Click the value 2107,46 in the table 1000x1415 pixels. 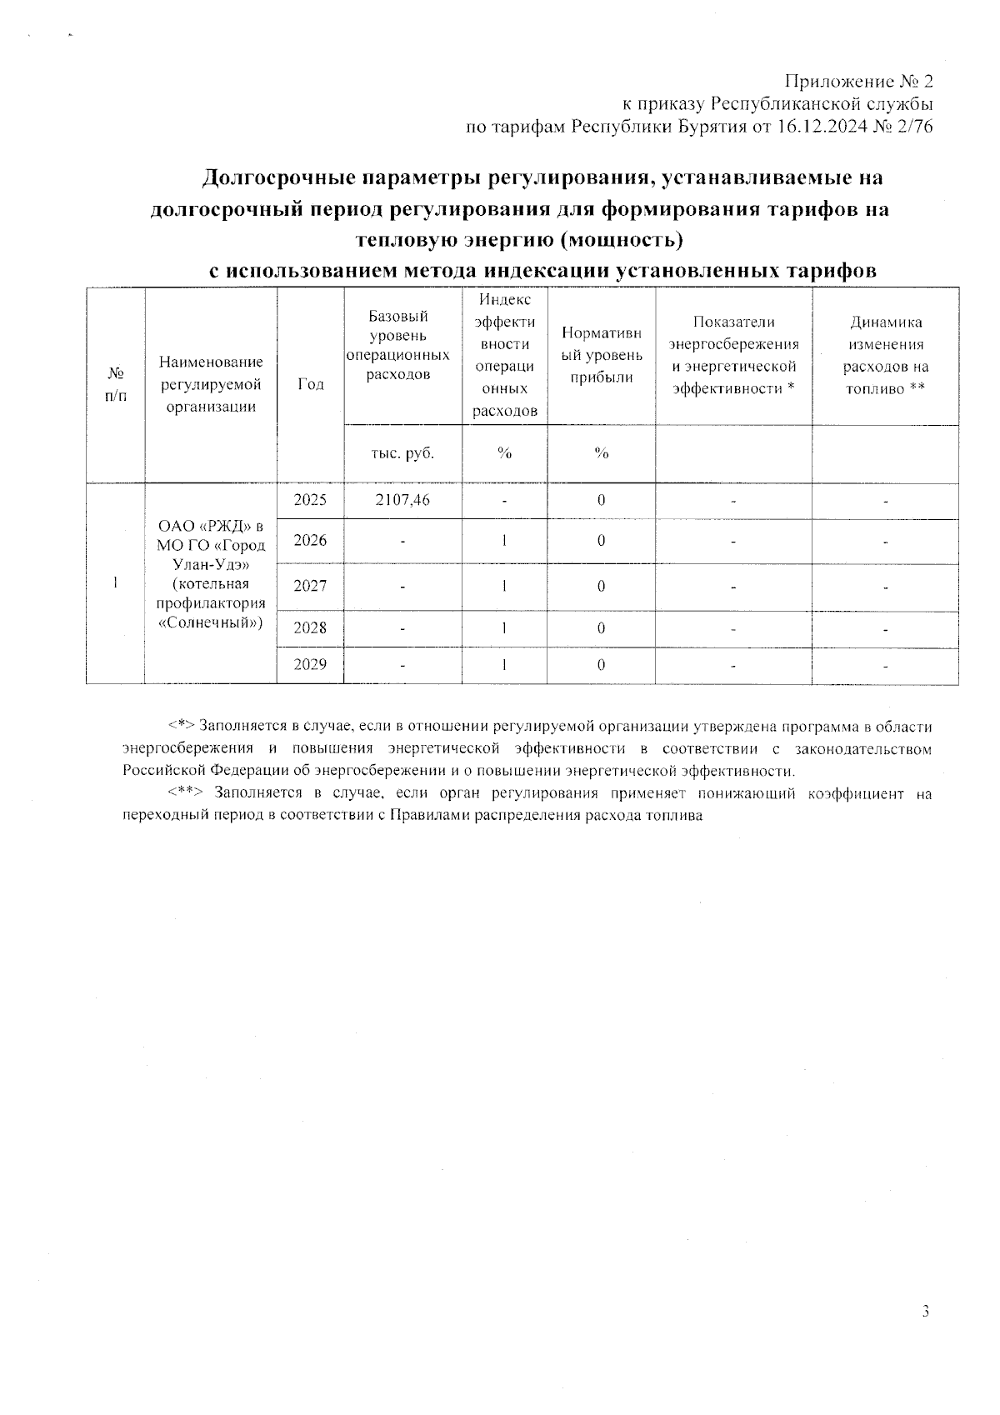tap(402, 500)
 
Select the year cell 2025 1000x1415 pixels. tap(310, 500)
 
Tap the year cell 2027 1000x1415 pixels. tap(310, 586)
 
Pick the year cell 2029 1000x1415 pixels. tap(310, 665)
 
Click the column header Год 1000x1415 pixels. tap(310, 384)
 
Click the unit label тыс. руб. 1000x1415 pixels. tap(402, 452)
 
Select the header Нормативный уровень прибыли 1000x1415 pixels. tap(601, 355)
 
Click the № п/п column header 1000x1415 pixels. tap(115, 384)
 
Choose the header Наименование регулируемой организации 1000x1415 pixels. tap(211, 384)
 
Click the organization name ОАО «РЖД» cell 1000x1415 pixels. tap(211, 575)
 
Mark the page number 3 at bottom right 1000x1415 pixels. tap(925, 1311)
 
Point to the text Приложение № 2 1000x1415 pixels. tap(859, 82)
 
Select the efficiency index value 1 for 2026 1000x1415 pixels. tap(504, 541)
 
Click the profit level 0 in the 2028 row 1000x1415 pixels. tap(601, 627)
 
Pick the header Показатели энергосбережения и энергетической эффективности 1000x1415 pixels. tap(733, 355)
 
